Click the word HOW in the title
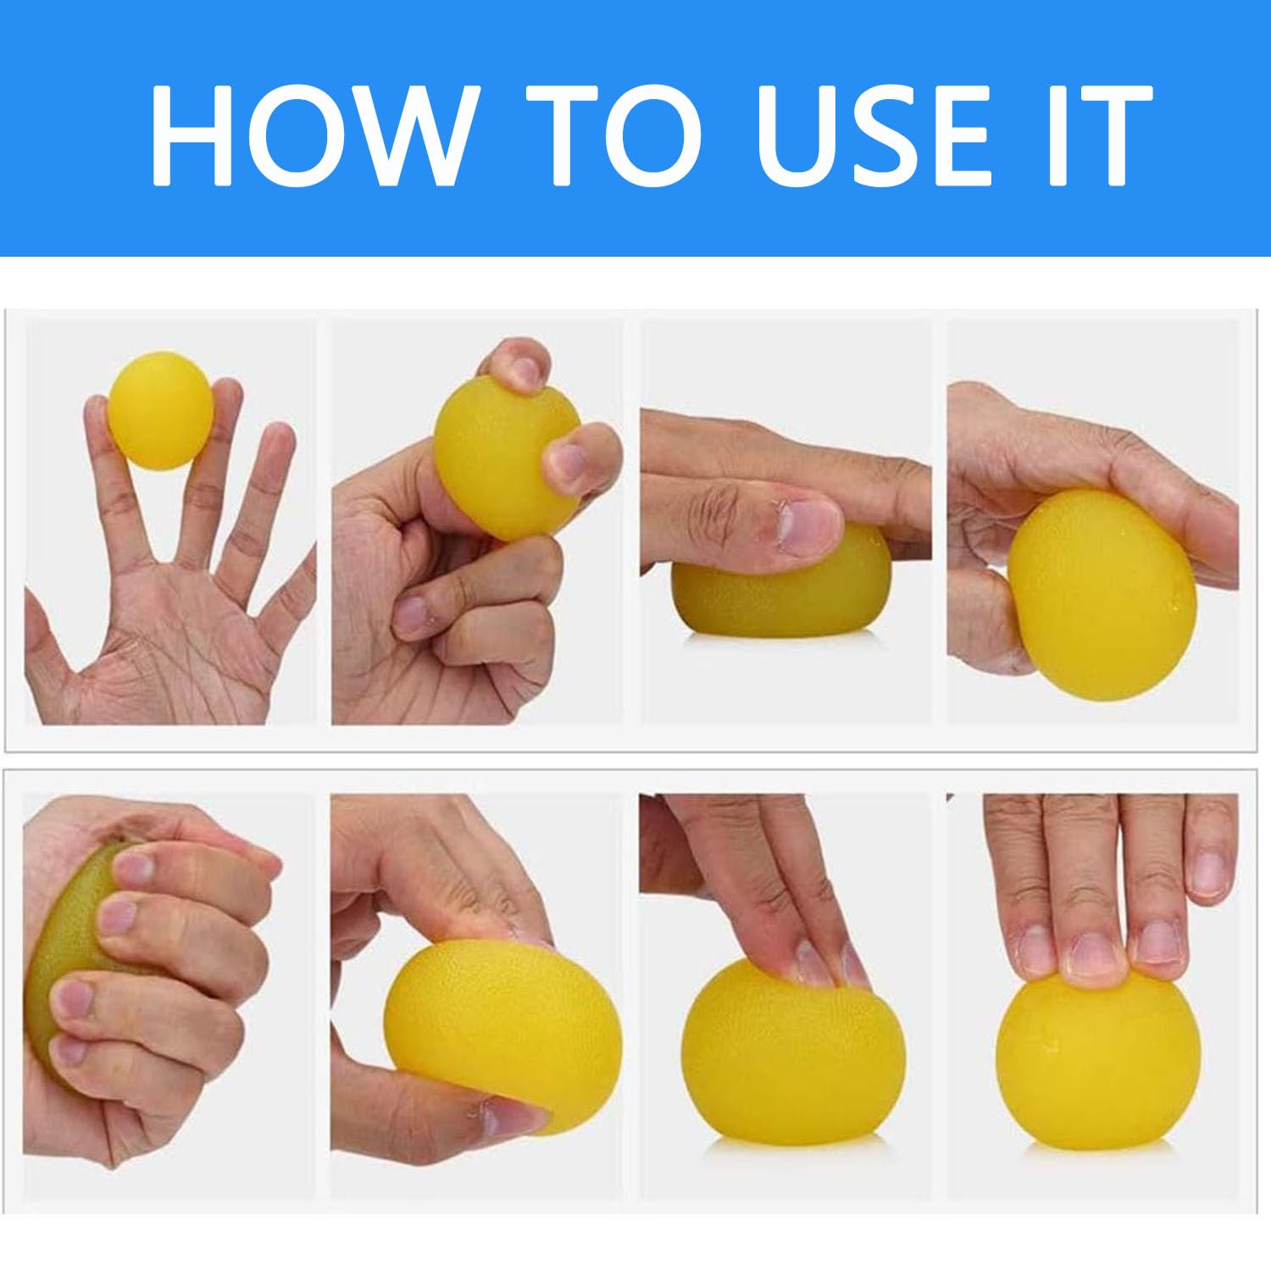(310, 134)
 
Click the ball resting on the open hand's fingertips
(160, 410)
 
